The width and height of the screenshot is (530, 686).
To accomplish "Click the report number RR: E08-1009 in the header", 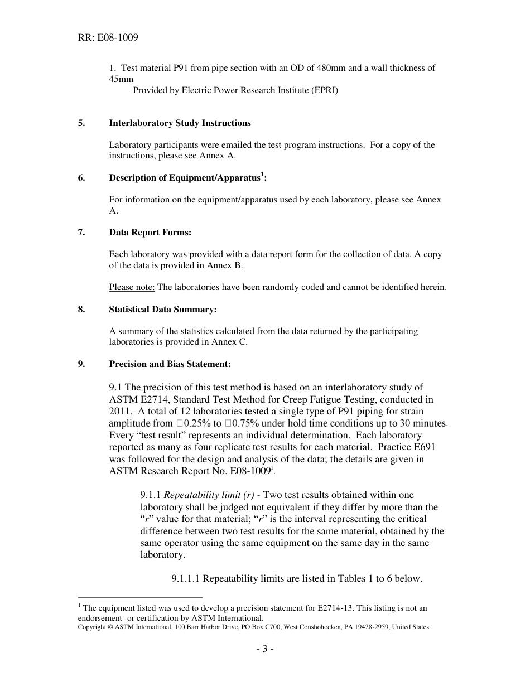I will tap(108, 38).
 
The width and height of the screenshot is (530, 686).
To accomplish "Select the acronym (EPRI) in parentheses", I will tap(322, 90).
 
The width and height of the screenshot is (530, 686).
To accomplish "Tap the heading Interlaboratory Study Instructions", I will tap(180, 123).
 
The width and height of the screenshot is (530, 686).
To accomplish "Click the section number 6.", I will tap(81, 178).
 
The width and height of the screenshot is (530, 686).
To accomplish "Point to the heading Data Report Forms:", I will tap(150, 232).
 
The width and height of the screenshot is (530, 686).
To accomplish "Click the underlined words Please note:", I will tap(132, 287).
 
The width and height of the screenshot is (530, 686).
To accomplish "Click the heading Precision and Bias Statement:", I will tap(170, 364).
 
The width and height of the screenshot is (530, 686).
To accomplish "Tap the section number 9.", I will tap(81, 364).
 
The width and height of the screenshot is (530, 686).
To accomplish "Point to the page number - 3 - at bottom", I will tap(264, 649).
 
